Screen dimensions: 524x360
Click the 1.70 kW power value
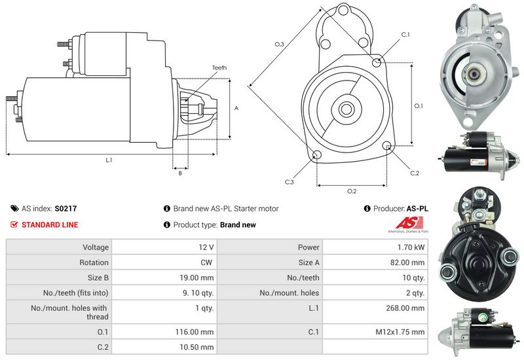click(x=411, y=247)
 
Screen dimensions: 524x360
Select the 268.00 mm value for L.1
click(x=405, y=308)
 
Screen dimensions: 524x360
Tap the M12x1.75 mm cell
click(x=400, y=332)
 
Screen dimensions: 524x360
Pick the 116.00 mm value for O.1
click(x=195, y=332)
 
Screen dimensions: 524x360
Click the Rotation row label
click(x=94, y=262)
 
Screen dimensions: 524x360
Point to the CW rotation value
click(x=206, y=262)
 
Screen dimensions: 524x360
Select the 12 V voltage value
click(x=206, y=247)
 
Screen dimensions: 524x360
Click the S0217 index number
click(x=66, y=209)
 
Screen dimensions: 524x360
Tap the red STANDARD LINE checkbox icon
click(x=14, y=225)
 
